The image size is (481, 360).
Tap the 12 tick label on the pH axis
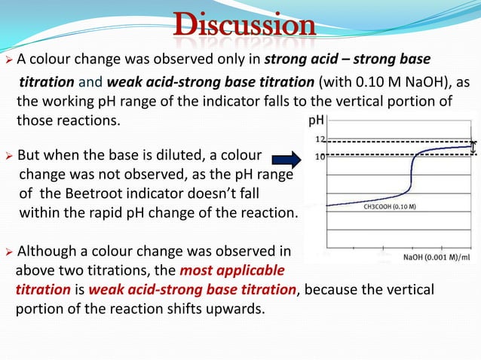320,140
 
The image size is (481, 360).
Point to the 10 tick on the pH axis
320,156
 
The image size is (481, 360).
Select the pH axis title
317,121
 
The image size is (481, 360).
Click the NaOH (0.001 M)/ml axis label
433,257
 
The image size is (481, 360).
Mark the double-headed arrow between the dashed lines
473,148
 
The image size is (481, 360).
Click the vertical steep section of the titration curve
412,181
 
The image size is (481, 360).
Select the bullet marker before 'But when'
8,157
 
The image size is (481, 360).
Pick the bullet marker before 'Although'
8,252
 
